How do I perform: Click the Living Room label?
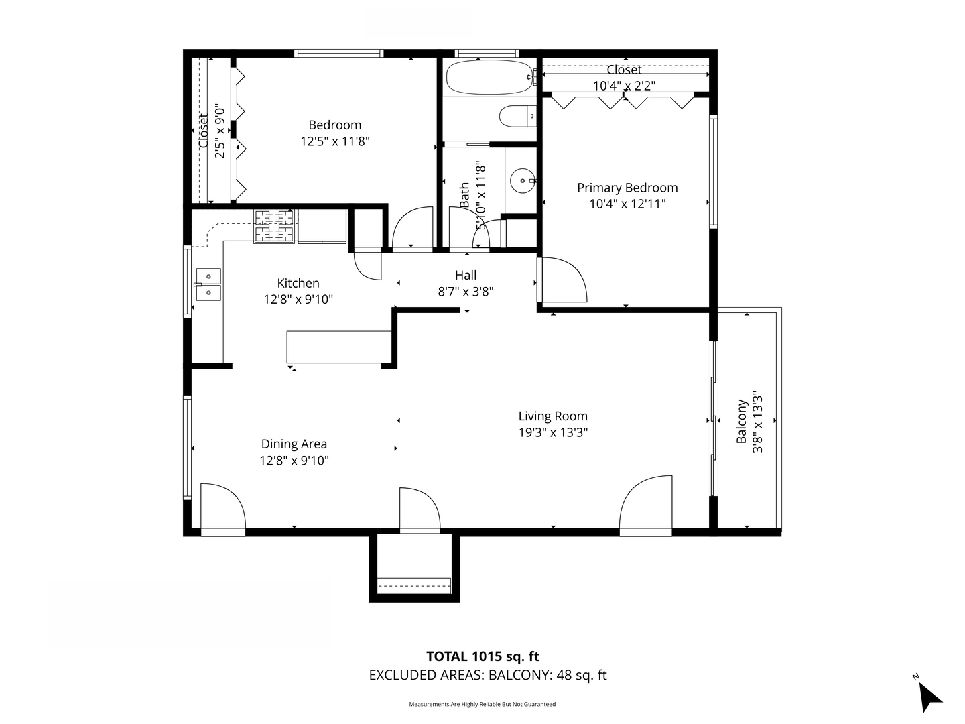pyautogui.click(x=553, y=416)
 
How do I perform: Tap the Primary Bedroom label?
pyautogui.click(x=627, y=188)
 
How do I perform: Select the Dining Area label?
pyautogui.click(x=294, y=444)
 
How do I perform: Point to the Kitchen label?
pyautogui.click(x=298, y=283)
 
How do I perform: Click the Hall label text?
pyautogui.click(x=466, y=275)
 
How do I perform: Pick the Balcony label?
pyautogui.click(x=742, y=422)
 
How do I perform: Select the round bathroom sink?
pyautogui.click(x=522, y=180)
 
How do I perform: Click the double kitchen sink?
pyautogui.click(x=208, y=284)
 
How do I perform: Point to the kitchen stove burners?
pyautogui.click(x=274, y=226)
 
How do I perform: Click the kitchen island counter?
pyautogui.click(x=339, y=347)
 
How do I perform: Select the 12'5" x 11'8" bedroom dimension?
pyautogui.click(x=335, y=141)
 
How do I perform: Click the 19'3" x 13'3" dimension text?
pyautogui.click(x=553, y=432)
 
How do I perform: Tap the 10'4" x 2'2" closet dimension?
pyautogui.click(x=624, y=86)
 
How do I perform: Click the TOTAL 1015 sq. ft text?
pyautogui.click(x=482, y=656)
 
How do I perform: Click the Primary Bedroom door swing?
pyautogui.click(x=563, y=280)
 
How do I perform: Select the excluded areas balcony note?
pyautogui.click(x=488, y=675)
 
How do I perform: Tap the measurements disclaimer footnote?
pyautogui.click(x=482, y=704)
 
